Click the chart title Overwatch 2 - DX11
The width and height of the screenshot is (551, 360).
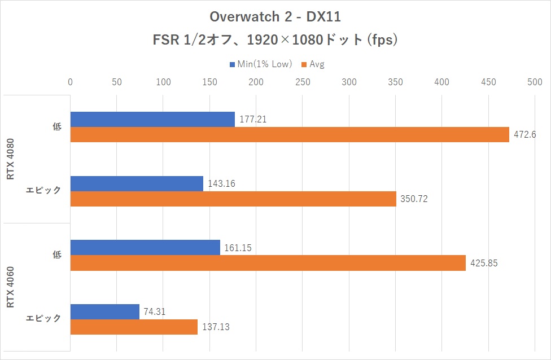pyautogui.click(x=275, y=17)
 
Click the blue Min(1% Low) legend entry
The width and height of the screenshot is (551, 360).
pyautogui.click(x=261, y=64)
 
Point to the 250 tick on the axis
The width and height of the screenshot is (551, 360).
pyautogui.click(x=303, y=82)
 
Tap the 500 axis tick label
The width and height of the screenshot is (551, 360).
pyautogui.click(x=535, y=82)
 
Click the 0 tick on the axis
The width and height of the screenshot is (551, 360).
pyautogui.click(x=70, y=82)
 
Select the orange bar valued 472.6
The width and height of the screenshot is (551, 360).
pyautogui.click(x=290, y=134)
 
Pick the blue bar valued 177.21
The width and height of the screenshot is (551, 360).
pyautogui.click(x=152, y=119)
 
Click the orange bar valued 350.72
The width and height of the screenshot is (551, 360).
pyautogui.click(x=233, y=199)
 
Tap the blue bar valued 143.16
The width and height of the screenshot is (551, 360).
pyautogui.click(x=137, y=183)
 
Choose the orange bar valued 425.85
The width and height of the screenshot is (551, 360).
pyautogui.click(x=268, y=263)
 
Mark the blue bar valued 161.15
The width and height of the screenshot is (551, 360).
pyautogui.click(x=145, y=248)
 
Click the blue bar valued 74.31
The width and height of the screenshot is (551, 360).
pyautogui.click(x=104, y=311)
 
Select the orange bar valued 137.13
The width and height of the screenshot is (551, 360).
pyautogui.click(x=134, y=327)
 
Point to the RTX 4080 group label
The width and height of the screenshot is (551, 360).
pyautogui.click(x=11, y=159)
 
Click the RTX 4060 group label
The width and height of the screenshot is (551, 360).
pyautogui.click(x=11, y=288)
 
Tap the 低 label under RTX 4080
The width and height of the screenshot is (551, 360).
pyautogui.click(x=56, y=127)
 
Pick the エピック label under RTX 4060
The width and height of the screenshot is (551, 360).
pyautogui.click(x=44, y=319)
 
